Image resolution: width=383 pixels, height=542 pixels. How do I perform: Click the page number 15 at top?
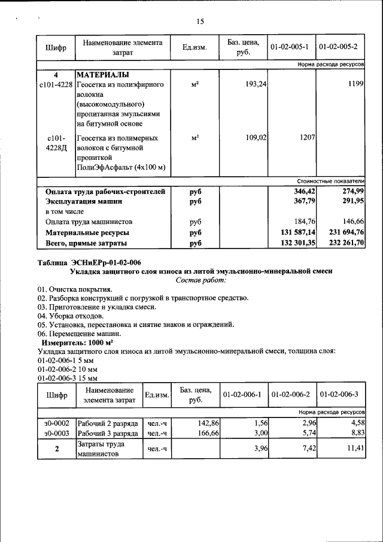[200, 22]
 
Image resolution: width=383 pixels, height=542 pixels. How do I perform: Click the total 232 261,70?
[346, 243]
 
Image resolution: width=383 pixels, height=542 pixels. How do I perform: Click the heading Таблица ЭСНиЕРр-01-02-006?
[89, 262]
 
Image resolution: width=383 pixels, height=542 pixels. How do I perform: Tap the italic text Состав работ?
[201, 280]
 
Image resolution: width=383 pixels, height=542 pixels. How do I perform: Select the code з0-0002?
[56, 423]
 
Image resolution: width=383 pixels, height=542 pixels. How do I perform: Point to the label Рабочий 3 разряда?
[108, 433]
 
